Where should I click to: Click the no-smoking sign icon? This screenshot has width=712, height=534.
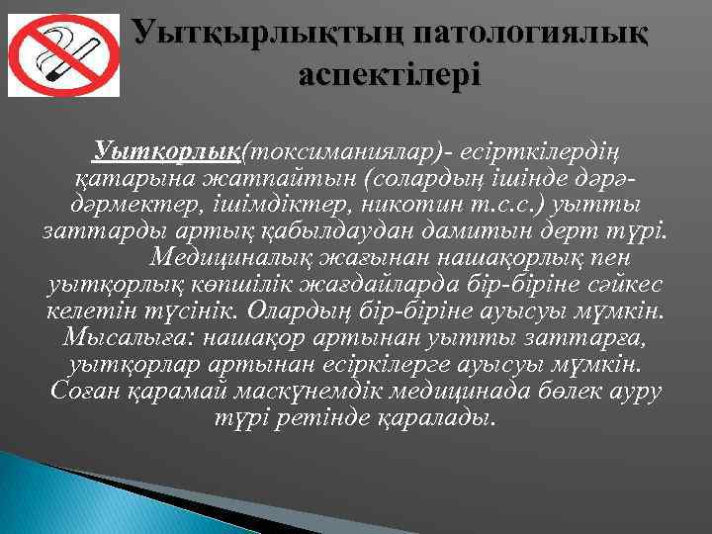(63, 55)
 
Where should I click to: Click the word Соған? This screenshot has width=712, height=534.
(79, 392)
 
